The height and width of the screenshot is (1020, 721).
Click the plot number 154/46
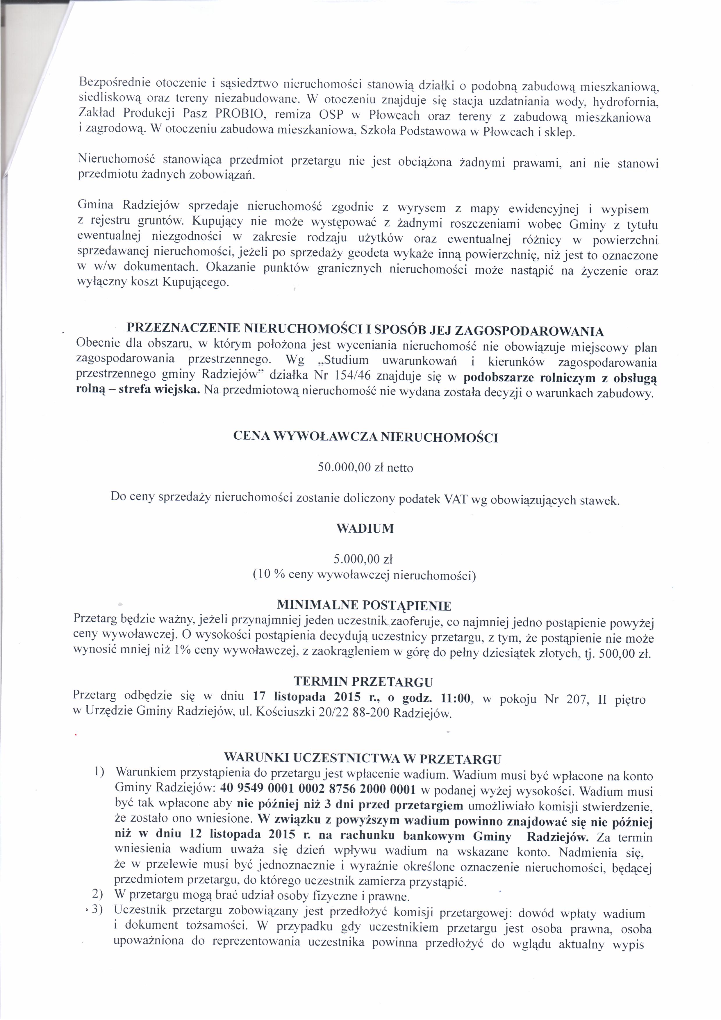click(x=354, y=377)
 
